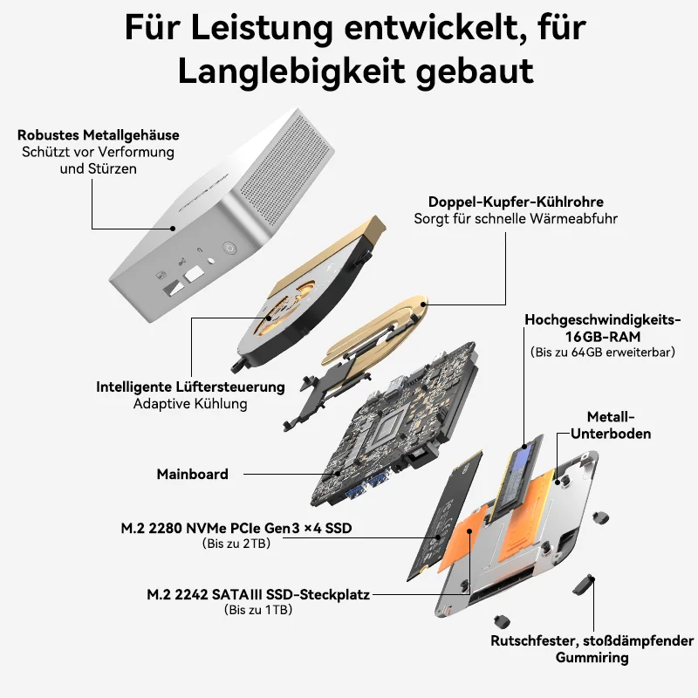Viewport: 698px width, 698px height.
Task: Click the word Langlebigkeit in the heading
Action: (x=291, y=72)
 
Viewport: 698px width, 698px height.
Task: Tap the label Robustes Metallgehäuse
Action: (x=99, y=135)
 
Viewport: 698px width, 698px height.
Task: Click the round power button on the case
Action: (x=229, y=248)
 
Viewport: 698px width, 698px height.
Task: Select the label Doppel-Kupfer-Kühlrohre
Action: (x=516, y=202)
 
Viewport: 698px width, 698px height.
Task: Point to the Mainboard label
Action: (x=192, y=474)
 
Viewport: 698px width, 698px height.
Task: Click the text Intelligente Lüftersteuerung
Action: (x=190, y=387)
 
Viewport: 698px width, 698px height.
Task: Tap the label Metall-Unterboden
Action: (x=611, y=425)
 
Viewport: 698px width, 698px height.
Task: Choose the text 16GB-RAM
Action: (x=603, y=337)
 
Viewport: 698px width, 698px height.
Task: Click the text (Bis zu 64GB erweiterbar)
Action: (x=603, y=352)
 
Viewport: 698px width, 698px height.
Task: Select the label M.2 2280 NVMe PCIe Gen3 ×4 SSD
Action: (x=236, y=528)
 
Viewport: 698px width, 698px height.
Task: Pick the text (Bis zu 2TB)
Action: (x=236, y=544)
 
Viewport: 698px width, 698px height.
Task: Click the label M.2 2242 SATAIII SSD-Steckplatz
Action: (x=258, y=594)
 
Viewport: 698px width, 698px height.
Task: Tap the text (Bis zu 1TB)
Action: (x=258, y=610)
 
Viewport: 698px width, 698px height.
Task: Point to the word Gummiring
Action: (x=592, y=658)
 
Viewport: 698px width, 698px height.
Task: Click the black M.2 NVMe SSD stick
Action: (x=446, y=517)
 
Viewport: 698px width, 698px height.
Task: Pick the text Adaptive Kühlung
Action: (x=190, y=404)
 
